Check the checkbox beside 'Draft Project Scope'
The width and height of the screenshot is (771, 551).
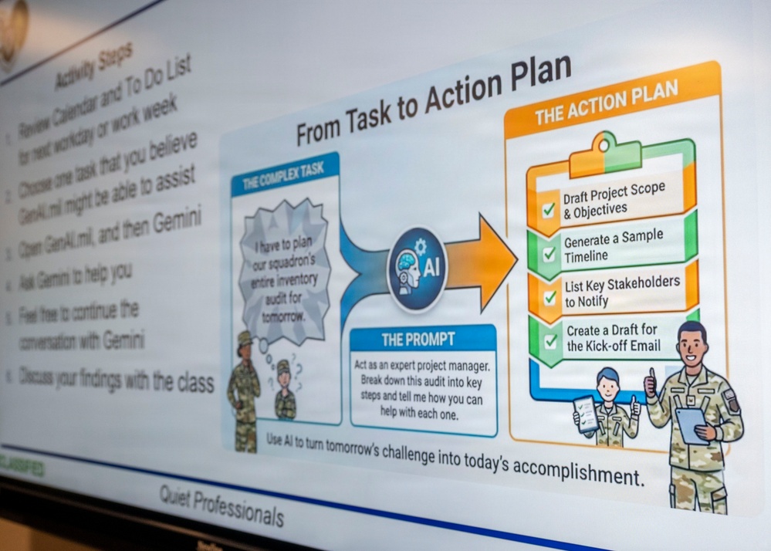coord(549,209)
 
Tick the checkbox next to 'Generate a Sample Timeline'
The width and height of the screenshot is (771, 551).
coord(550,253)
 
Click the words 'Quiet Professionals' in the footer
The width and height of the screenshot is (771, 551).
coord(221,505)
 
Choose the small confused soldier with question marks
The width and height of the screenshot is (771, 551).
coord(285,390)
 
